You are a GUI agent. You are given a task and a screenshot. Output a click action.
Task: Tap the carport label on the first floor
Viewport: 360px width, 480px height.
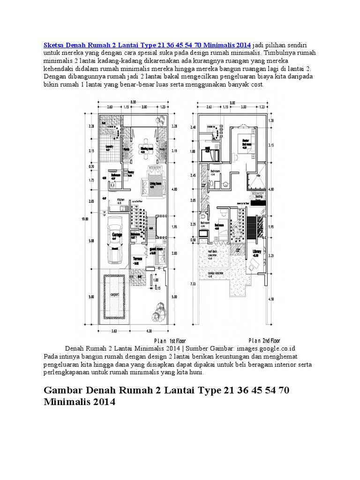tap(114, 295)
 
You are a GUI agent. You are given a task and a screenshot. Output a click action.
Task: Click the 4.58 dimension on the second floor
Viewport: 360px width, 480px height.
tap(270, 299)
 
